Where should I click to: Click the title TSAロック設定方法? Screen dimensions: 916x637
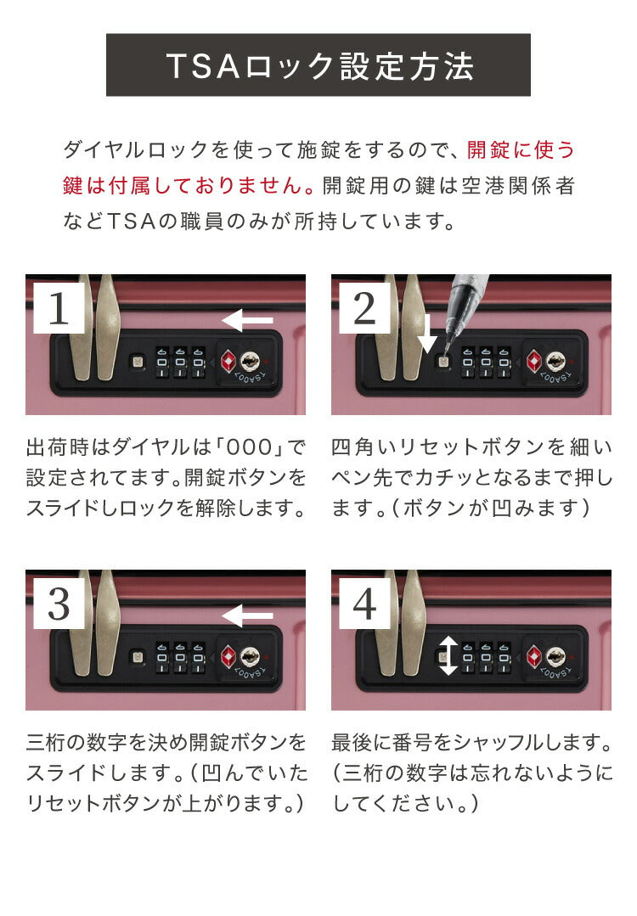coord(318,66)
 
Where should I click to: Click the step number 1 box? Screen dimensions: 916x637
coord(59,308)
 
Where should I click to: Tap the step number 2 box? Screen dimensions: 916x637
coord(364,308)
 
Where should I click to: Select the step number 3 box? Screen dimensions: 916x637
coord(59,604)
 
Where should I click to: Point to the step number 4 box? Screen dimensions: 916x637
coord(364,604)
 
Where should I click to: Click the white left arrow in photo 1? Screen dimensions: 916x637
coord(247,320)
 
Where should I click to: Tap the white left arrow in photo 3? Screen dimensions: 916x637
coord(247,615)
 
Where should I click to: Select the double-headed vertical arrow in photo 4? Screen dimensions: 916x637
coord(448,655)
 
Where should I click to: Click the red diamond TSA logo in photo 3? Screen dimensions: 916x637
coord(228,657)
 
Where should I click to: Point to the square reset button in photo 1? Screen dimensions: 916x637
coord(136,361)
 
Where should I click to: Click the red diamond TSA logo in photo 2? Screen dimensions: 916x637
coord(533,362)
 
